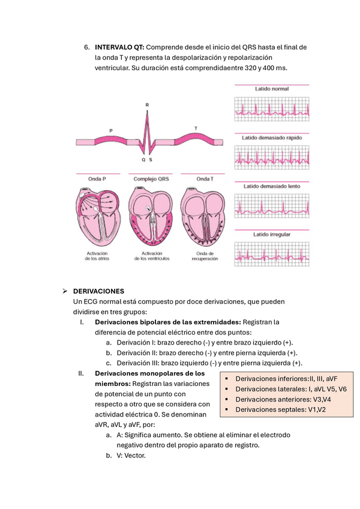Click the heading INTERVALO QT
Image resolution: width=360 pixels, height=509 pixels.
[x=119, y=47]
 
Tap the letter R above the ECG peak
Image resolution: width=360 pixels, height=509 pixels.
[x=147, y=105]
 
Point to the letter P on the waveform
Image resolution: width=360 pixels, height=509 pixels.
[x=110, y=130]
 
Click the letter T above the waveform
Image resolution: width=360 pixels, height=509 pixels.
[x=195, y=128]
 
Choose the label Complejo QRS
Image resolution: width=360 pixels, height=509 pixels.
[x=151, y=179]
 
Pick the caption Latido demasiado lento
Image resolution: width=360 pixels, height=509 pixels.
[x=271, y=187]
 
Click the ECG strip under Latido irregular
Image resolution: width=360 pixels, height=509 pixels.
[x=271, y=254]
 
